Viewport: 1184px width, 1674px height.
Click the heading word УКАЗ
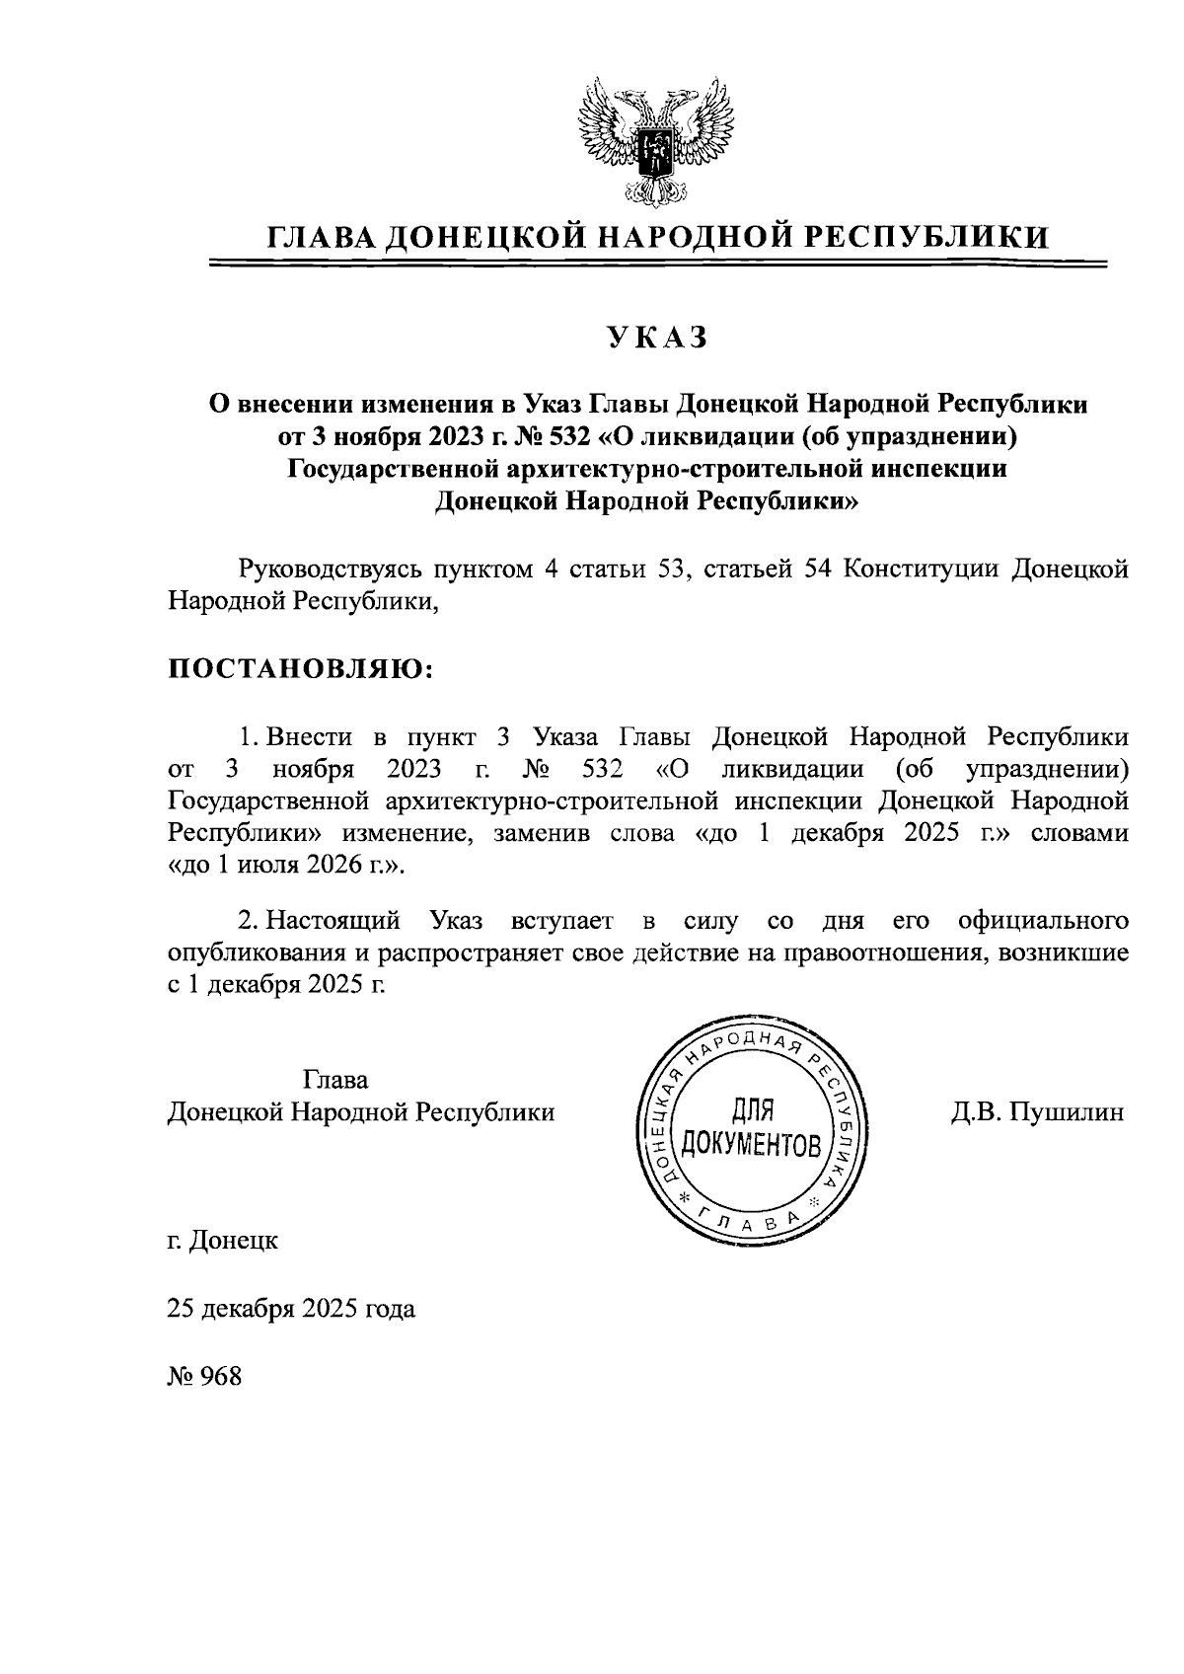click(657, 338)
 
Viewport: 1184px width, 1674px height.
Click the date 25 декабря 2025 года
click(291, 1309)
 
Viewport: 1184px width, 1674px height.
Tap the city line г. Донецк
click(222, 1240)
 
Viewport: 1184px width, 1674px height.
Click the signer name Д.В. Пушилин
click(1037, 1112)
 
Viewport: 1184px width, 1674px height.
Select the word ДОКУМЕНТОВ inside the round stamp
click(752, 1145)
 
